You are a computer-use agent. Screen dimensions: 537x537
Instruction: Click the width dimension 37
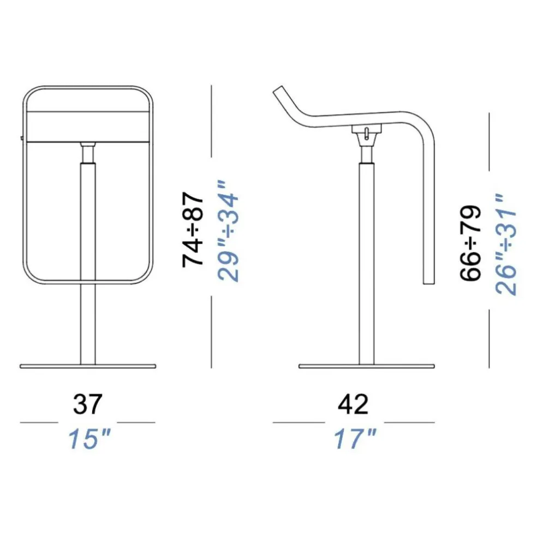point(87,404)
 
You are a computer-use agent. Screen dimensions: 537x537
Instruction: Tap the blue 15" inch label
point(89,439)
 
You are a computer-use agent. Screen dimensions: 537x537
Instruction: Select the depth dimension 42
point(353,404)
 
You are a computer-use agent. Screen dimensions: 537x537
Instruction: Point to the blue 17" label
point(355,439)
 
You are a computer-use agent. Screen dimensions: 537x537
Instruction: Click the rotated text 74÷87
point(194,229)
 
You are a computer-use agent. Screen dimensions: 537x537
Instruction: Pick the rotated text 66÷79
point(470,243)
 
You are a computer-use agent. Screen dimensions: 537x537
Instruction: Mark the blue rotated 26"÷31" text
point(506,244)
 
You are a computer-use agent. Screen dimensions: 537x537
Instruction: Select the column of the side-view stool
point(367,262)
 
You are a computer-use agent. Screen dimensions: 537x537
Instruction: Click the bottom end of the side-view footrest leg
point(429,281)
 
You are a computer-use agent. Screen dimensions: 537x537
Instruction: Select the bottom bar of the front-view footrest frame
point(87,283)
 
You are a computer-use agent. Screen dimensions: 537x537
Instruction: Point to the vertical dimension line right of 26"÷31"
point(490,240)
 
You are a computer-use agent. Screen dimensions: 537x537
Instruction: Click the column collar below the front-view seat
point(87,153)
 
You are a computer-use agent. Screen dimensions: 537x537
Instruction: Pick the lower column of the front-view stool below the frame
point(87,325)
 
